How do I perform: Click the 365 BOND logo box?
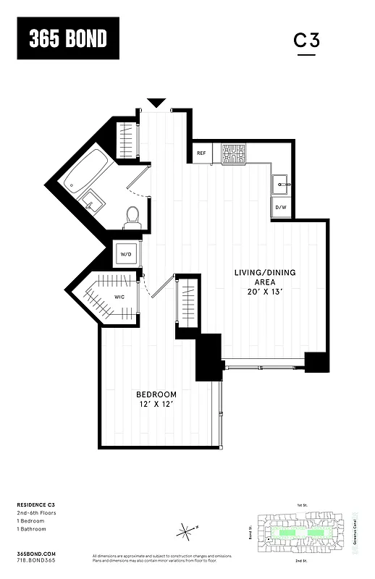(68, 39)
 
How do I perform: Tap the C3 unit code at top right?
(306, 41)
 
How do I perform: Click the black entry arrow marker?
(156, 103)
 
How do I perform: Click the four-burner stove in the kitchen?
(234, 153)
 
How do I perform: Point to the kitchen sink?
(281, 184)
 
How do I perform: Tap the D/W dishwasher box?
(281, 208)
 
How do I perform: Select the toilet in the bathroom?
(132, 216)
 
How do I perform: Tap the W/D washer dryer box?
(126, 255)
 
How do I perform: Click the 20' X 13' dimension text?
(264, 292)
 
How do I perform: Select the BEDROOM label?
(156, 394)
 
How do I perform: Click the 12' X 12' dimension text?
(156, 405)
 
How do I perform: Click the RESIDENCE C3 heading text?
(35, 504)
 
